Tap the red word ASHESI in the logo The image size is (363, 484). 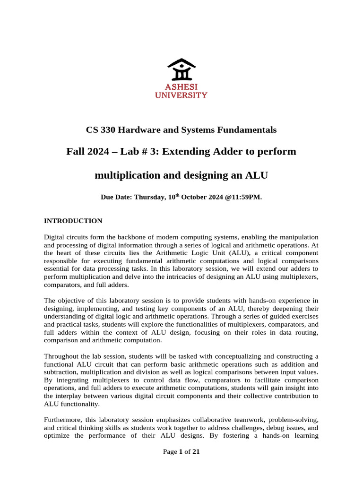click(x=181, y=87)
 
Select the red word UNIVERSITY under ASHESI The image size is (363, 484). click(x=181, y=95)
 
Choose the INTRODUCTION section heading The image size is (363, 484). click(x=73, y=221)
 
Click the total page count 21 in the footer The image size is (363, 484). click(x=196, y=452)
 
